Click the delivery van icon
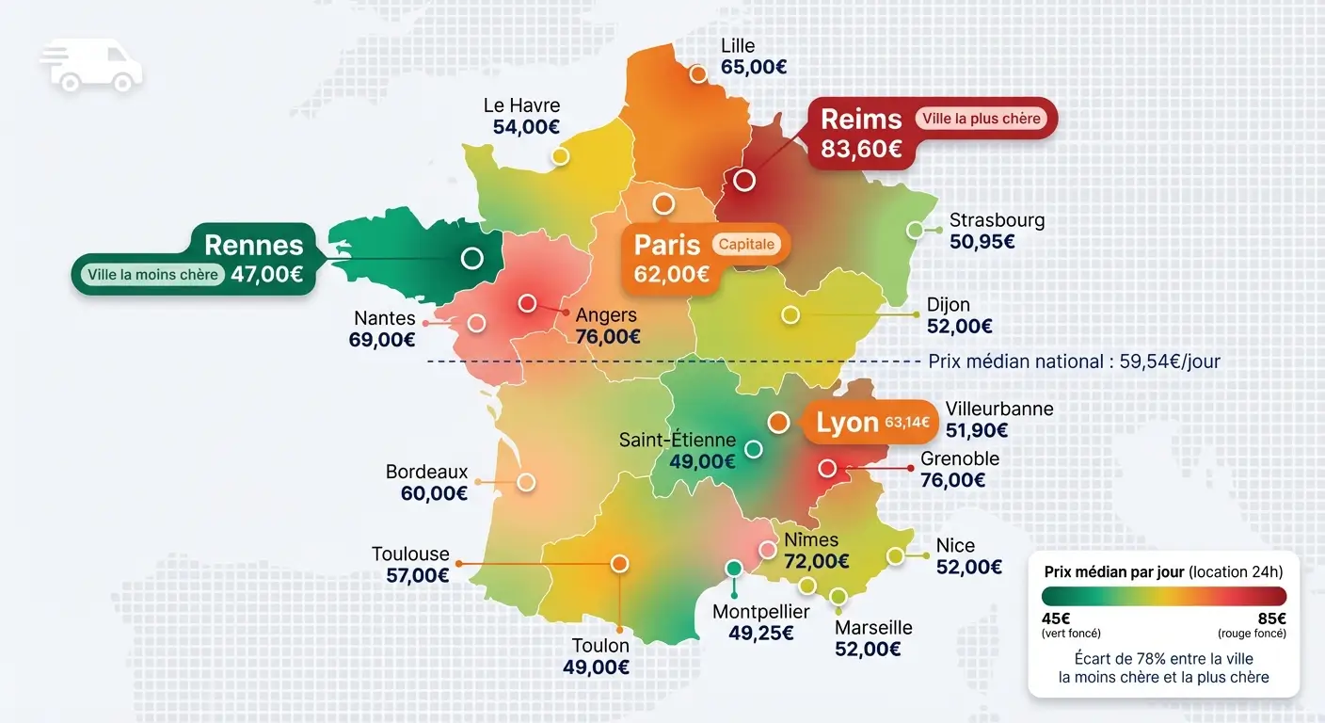coord(92,66)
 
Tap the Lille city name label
coord(738,45)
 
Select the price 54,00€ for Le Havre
coord(526,127)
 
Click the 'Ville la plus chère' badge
coord(981,119)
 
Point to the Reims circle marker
coord(744,180)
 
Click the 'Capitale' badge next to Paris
coord(747,245)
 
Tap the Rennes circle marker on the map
coord(471,257)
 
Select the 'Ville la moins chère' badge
coord(152,275)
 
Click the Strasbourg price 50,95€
coord(982,241)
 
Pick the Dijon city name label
coord(948,305)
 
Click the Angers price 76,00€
coord(608,336)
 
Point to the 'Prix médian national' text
coord(1074,361)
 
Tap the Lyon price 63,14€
coord(907,423)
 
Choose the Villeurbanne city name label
coord(999,409)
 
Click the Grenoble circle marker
coord(827,468)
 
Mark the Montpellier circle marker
coord(734,568)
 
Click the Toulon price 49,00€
coord(597,667)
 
